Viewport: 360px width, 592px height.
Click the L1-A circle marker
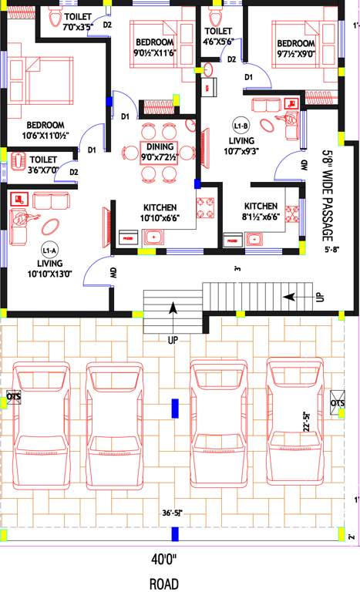pyautogui.click(x=50, y=251)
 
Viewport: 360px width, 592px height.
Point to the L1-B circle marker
pyautogui.click(x=238, y=125)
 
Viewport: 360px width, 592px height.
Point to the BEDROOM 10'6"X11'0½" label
pyautogui.click(x=45, y=131)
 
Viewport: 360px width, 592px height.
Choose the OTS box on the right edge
pyautogui.click(x=338, y=403)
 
